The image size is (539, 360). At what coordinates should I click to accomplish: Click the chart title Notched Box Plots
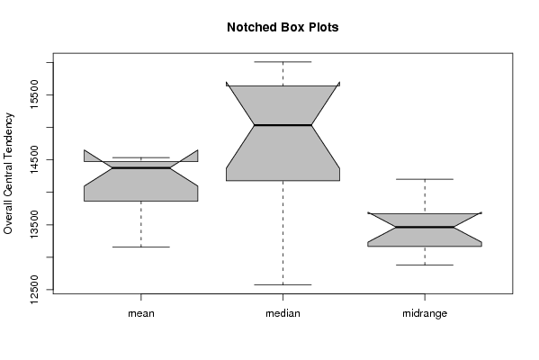click(x=283, y=27)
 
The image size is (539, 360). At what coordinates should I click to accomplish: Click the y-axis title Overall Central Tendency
click(x=8, y=174)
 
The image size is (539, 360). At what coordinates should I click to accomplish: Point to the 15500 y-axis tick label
click(x=34, y=94)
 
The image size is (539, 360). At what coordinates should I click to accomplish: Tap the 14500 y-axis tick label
click(x=34, y=159)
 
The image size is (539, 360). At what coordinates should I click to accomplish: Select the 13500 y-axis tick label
click(x=34, y=224)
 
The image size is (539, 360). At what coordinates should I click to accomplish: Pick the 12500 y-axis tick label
click(x=34, y=289)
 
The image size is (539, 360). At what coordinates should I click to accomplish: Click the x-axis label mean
click(x=141, y=313)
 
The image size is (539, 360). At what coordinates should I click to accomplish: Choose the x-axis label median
click(x=283, y=313)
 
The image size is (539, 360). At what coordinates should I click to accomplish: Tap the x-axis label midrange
click(x=425, y=313)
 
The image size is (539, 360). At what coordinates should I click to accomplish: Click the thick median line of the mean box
click(x=141, y=167)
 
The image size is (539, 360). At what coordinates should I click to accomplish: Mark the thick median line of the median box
click(x=283, y=125)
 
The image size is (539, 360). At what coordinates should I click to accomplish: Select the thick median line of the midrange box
click(x=425, y=227)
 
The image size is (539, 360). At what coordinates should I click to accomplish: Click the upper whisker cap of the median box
click(x=283, y=62)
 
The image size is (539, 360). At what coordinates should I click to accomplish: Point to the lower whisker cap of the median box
click(x=283, y=284)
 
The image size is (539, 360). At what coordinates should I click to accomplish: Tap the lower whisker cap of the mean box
click(x=141, y=247)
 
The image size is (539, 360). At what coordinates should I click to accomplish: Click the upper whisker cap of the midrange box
click(x=425, y=179)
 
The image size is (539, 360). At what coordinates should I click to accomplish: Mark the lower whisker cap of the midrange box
click(x=425, y=265)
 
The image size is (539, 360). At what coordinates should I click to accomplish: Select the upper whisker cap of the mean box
click(x=141, y=157)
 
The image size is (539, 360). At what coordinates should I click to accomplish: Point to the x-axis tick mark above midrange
click(x=425, y=297)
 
